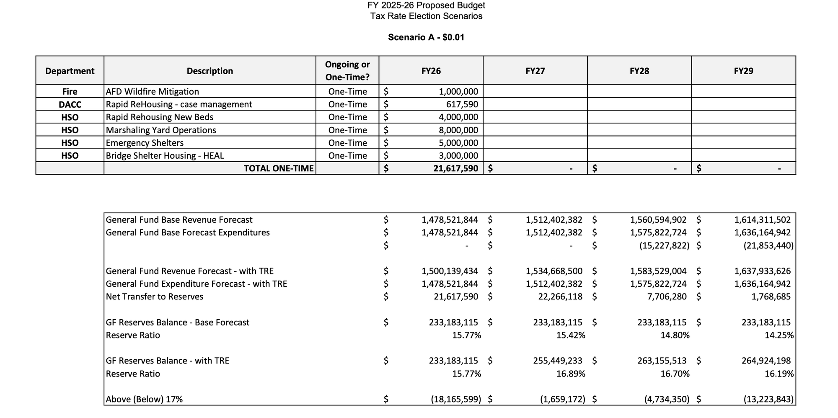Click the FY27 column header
[x=535, y=71]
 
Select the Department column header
[x=70, y=71]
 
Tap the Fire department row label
[x=70, y=91]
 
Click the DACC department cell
[x=70, y=104]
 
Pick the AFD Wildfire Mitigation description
[x=153, y=91]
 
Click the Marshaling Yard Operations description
[x=161, y=130]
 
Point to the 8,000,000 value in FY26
[x=458, y=130]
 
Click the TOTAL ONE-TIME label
[x=279, y=168]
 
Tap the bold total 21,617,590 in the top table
[x=455, y=168]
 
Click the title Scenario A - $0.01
[x=426, y=37]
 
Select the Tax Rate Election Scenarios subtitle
[x=426, y=16]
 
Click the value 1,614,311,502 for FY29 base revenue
[x=762, y=220]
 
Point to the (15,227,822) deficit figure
[x=664, y=245]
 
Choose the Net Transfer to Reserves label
[x=155, y=297]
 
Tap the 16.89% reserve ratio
[x=571, y=374]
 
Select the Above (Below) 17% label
[x=144, y=399]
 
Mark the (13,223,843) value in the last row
[x=768, y=399]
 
